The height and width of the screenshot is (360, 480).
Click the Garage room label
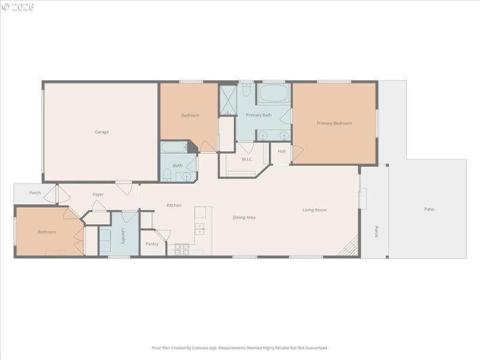click(101, 132)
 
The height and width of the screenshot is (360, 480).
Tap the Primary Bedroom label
click(334, 123)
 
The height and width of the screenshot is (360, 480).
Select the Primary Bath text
click(259, 115)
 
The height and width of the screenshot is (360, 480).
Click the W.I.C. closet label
click(248, 159)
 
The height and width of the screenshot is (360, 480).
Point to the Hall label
click(281, 151)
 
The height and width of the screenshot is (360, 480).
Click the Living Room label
click(314, 210)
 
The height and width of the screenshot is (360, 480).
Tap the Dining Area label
click(244, 217)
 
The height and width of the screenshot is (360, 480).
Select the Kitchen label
click(174, 205)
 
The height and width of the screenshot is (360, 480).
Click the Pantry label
click(152, 244)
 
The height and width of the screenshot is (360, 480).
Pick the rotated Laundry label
click(123, 236)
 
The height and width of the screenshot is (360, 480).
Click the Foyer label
click(98, 194)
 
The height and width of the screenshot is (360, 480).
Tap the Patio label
click(429, 209)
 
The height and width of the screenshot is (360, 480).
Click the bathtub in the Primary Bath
click(274, 94)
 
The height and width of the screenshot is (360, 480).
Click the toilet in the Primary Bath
click(247, 91)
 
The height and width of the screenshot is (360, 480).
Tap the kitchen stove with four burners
click(181, 248)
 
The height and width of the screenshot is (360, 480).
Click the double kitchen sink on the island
click(200, 228)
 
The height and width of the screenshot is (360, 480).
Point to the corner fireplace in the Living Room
click(350, 247)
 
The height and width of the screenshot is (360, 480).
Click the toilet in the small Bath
click(167, 175)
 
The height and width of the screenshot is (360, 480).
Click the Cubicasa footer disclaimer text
click(240, 347)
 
